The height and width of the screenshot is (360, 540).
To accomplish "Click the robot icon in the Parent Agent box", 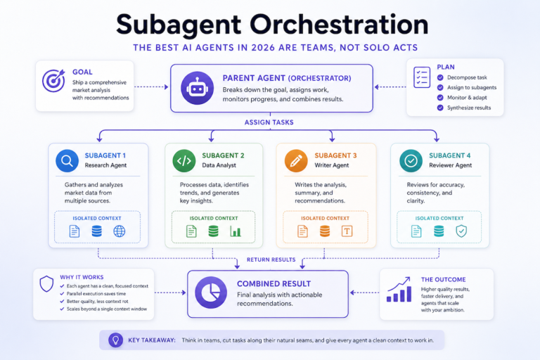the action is (x=197, y=88).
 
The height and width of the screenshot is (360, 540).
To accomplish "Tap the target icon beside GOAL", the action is (x=53, y=81).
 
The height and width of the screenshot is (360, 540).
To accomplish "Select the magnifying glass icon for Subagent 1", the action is (x=67, y=160).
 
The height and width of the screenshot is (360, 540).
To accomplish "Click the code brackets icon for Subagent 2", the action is (x=184, y=160).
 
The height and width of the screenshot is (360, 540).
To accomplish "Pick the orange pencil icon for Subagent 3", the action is (x=296, y=160).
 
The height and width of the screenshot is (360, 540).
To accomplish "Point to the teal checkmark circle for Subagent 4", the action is (x=411, y=160).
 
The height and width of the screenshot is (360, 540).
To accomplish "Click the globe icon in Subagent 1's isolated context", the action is (x=119, y=231).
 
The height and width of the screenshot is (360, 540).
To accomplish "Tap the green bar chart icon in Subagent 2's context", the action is (x=236, y=231).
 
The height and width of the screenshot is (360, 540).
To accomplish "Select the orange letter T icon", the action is (x=347, y=231).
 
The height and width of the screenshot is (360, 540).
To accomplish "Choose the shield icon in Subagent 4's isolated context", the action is (x=461, y=231).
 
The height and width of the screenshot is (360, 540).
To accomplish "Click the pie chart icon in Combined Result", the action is (x=211, y=292).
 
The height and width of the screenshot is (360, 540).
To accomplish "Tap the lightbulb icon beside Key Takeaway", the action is (x=116, y=340).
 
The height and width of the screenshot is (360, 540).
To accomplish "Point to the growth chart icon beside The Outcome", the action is (x=399, y=290).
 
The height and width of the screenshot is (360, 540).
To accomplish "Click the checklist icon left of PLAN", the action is (x=422, y=77).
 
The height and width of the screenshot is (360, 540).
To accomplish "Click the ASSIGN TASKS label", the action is (x=269, y=122).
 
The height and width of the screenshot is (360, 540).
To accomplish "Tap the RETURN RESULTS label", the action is (x=271, y=259).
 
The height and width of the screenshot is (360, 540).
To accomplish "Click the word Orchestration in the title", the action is (x=339, y=24).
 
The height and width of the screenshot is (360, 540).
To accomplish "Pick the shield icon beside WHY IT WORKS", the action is (x=46, y=284).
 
